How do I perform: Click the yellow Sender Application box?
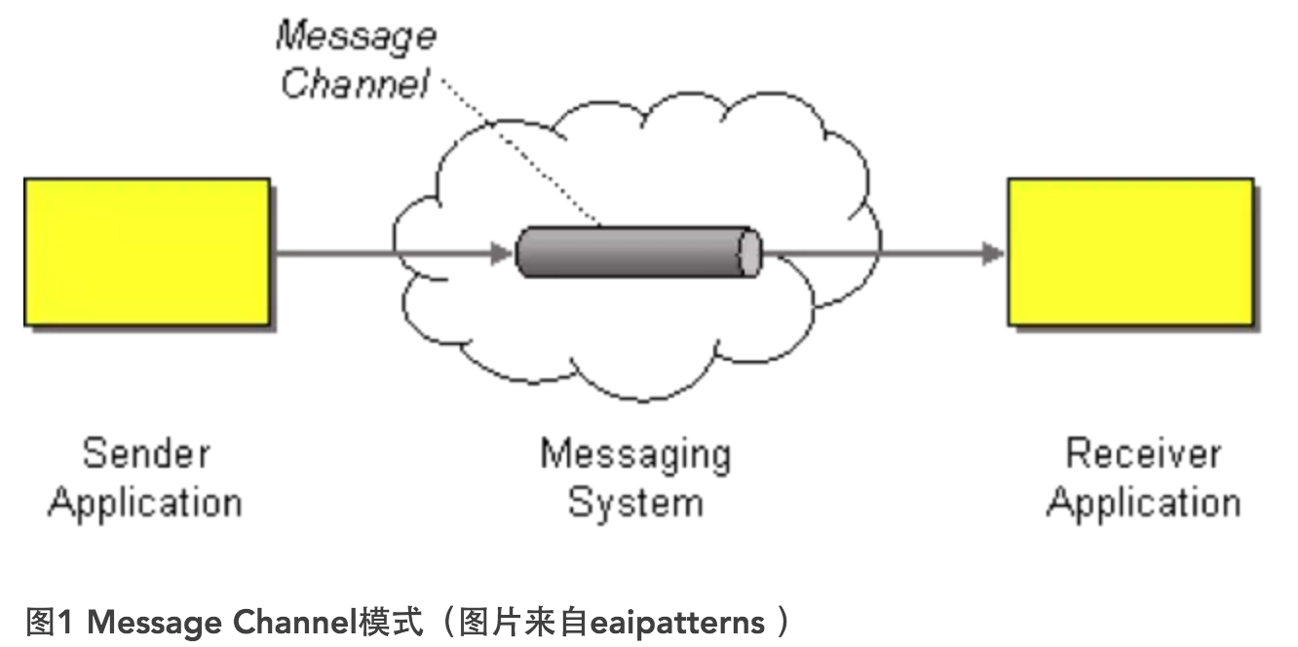click(x=147, y=251)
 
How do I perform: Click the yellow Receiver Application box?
click(x=1130, y=251)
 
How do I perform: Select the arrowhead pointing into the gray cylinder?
click(x=502, y=254)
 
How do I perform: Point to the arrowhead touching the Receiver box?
click(x=994, y=254)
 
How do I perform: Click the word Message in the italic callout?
click(x=356, y=37)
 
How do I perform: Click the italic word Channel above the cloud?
click(x=355, y=84)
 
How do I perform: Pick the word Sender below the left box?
click(x=146, y=454)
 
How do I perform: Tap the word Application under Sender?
click(x=145, y=503)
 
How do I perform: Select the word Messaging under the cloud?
click(x=635, y=454)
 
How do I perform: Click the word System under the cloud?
click(x=635, y=503)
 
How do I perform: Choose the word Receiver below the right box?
click(x=1143, y=454)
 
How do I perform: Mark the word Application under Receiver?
click(x=1143, y=503)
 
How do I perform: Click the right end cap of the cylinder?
click(x=749, y=253)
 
